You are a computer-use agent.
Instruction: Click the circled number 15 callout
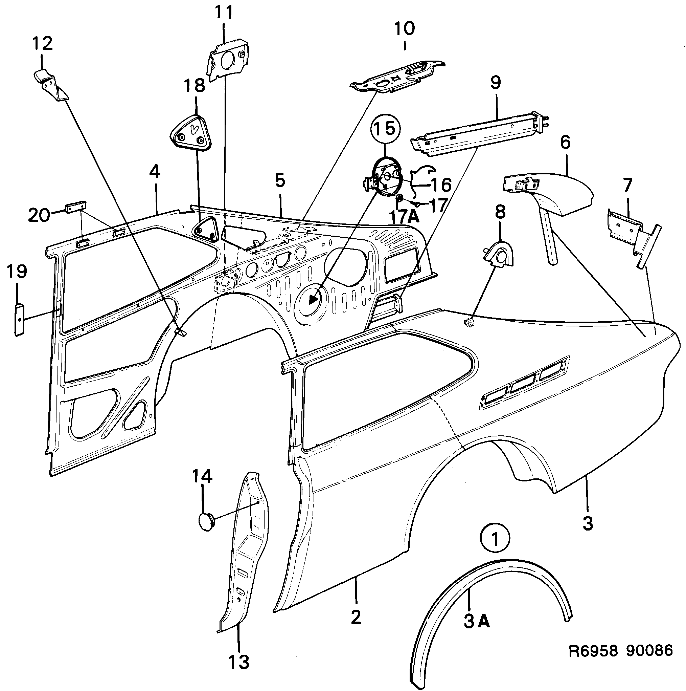(x=386, y=128)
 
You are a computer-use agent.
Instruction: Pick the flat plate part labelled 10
(x=396, y=77)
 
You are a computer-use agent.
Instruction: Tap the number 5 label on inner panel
(x=280, y=180)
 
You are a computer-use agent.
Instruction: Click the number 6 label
(x=565, y=142)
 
